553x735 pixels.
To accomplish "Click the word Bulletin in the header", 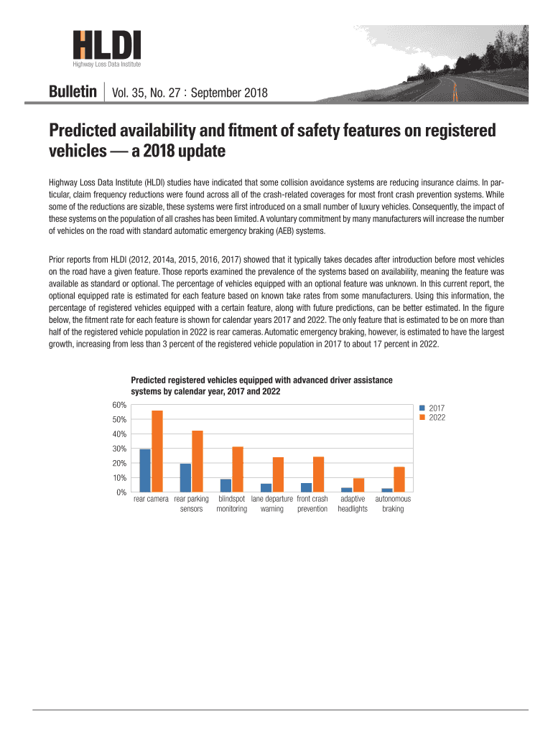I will point(73,93).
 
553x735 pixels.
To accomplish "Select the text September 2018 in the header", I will point(229,93).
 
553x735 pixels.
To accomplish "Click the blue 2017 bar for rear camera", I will point(145,470).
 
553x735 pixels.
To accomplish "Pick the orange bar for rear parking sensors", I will point(197,461).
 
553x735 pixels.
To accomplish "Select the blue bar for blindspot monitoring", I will point(226,485).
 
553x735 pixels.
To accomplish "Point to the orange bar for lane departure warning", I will point(278,474).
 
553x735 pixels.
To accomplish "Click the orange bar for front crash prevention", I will point(318,474).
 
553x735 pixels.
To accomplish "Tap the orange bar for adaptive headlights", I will point(358,485).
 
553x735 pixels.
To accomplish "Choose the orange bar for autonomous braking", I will point(399,479).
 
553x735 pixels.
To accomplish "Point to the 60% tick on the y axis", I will point(119,405).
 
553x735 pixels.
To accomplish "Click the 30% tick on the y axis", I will point(119,449).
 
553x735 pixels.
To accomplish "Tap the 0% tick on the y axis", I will point(121,492).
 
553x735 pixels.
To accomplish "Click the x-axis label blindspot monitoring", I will point(231,504).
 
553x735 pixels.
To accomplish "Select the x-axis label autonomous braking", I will point(393,504).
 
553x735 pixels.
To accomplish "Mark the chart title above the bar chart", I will point(261,385).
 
